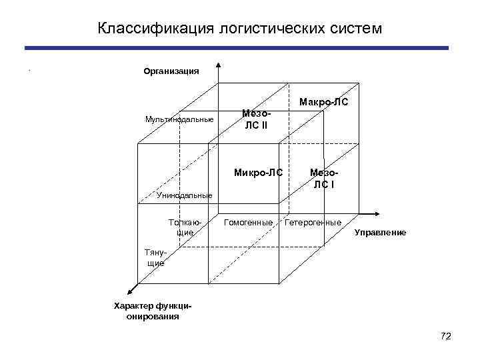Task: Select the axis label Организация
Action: point(171,71)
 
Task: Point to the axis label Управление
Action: point(380,232)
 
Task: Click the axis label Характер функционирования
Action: point(153,311)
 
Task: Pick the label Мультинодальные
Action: point(179,119)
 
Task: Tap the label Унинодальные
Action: point(185,195)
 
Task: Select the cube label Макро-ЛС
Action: point(323,103)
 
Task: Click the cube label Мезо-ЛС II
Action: point(256,120)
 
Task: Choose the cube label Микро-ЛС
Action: point(258,173)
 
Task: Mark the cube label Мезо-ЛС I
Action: point(324,179)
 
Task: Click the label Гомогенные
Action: point(248,221)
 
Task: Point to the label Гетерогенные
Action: point(313,221)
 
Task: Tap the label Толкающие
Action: point(185,227)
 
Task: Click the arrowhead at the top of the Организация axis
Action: point(217,65)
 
